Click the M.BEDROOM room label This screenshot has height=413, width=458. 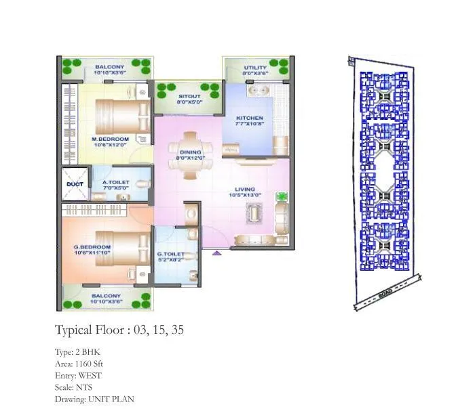pos(110,139)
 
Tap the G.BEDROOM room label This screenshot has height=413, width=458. pos(92,247)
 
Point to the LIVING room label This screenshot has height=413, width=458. pos(245,190)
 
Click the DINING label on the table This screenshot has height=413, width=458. pos(190,154)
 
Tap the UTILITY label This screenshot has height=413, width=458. pos(256,68)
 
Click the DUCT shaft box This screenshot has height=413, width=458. pos(73,183)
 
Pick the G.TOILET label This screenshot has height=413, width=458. pos(170,255)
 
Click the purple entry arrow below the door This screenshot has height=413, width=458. pos(216,253)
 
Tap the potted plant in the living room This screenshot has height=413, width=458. pos(281,197)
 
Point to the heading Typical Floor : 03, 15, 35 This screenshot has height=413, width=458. pos(119,330)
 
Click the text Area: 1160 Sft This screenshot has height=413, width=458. pos(79,364)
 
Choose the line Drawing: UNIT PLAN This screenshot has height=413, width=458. pos(94,399)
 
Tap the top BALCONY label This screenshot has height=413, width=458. pos(109,67)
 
